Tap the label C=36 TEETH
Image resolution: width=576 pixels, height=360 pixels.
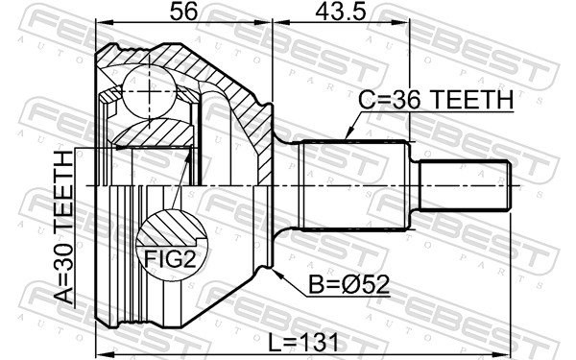point(436,100)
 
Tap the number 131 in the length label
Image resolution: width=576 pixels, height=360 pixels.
point(327,341)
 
